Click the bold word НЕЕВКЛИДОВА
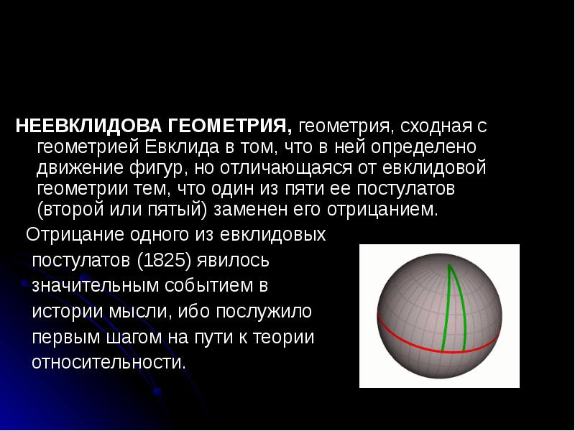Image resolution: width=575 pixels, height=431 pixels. click(x=88, y=126)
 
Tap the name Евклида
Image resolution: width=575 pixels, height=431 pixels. click(x=183, y=147)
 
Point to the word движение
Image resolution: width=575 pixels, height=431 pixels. click(x=80, y=168)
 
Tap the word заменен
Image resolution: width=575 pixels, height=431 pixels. click(x=250, y=210)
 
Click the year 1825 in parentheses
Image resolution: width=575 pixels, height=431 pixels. click(x=165, y=261)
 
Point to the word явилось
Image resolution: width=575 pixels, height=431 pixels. click(x=233, y=261)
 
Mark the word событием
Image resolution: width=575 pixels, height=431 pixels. click(x=208, y=286)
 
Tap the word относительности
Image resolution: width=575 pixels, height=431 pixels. click(x=109, y=363)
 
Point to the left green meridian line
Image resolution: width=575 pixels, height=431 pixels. click(x=446, y=308)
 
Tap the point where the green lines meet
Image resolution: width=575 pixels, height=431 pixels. click(x=448, y=265)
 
